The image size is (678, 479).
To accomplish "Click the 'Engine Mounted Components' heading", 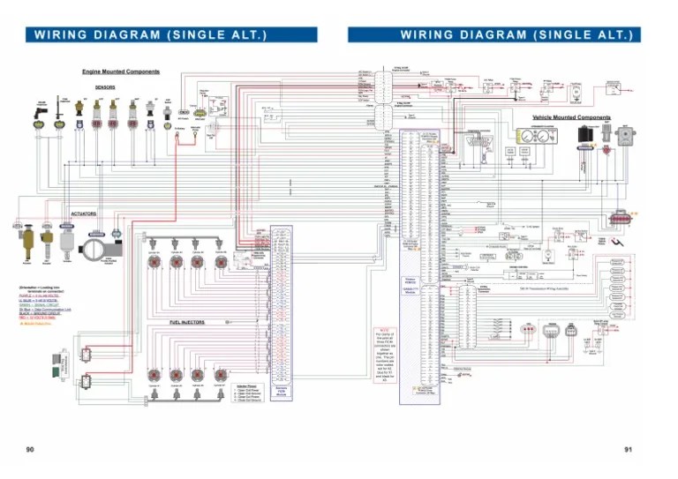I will click(x=121, y=71).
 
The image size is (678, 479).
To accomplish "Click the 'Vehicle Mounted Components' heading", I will click(x=571, y=117).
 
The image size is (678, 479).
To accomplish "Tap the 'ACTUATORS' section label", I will click(x=84, y=213).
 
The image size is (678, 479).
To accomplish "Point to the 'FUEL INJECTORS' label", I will click(x=187, y=323).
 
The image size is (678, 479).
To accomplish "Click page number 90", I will click(x=30, y=449).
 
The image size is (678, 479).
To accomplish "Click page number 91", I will click(x=629, y=449).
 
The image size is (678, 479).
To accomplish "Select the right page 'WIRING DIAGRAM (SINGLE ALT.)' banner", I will click(x=494, y=34).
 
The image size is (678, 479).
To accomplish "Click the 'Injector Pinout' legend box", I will click(x=247, y=393).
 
